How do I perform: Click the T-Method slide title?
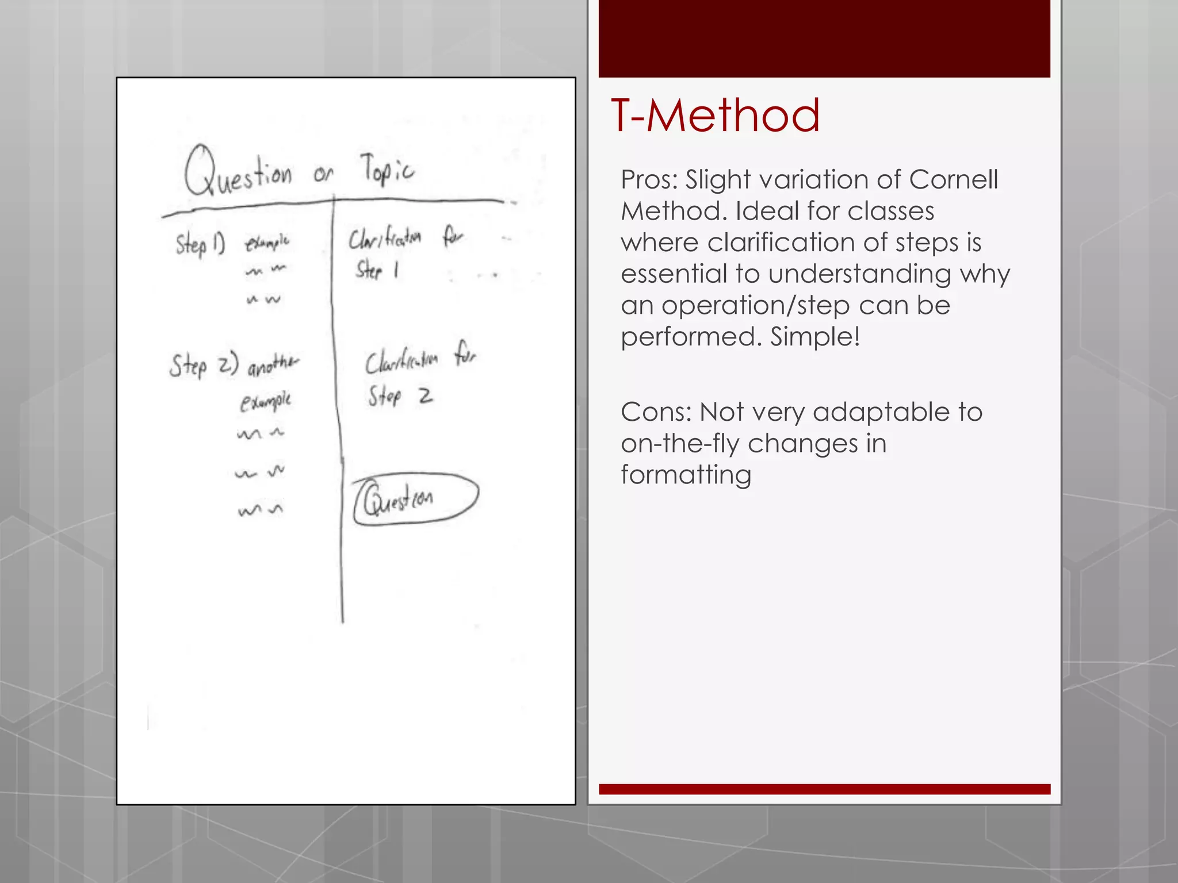(x=715, y=116)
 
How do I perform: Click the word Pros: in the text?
(x=649, y=180)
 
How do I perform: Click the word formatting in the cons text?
(x=686, y=475)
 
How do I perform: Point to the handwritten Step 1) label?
(x=200, y=244)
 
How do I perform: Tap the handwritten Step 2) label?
(x=203, y=366)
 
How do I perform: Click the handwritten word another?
(x=273, y=364)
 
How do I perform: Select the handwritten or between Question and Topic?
(x=323, y=173)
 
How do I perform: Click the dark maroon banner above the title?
(x=824, y=39)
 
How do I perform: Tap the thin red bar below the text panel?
(x=824, y=789)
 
